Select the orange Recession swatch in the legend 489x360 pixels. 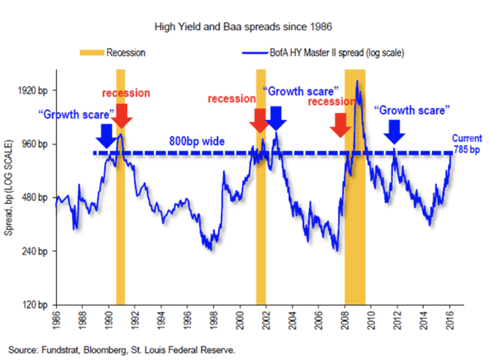(x=91, y=53)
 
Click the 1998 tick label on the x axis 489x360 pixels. (x=213, y=318)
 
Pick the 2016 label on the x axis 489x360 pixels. (x=449, y=318)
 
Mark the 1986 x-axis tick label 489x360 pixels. (x=56, y=318)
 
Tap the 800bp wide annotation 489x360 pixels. (x=197, y=142)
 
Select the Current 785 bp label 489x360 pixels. (x=466, y=144)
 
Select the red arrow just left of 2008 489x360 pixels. (x=341, y=124)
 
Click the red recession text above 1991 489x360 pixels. (x=126, y=94)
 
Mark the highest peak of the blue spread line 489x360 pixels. (x=357, y=81)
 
